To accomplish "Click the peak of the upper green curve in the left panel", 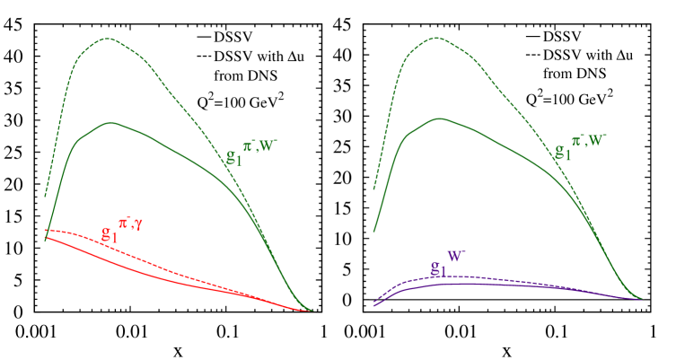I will click(x=109, y=39).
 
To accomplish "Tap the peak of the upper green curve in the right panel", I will click(x=436, y=38).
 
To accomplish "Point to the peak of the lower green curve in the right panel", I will click(x=437, y=119).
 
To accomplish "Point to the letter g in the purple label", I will click(x=435, y=267).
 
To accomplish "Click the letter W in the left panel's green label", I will click(x=271, y=145).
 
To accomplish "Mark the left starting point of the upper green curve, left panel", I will click(x=46, y=196).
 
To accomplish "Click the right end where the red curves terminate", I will click(x=312, y=311).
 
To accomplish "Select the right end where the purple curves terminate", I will click(x=641, y=298).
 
